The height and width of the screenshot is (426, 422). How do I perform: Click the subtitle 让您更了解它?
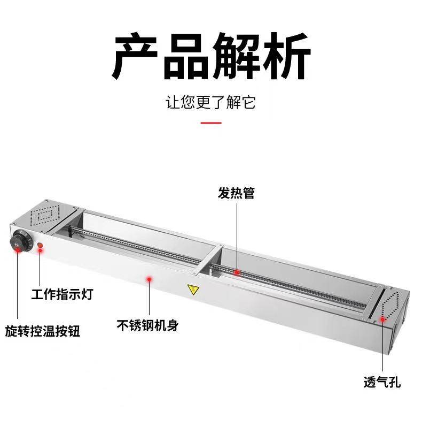tap(210, 102)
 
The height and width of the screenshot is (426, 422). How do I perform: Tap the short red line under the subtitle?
tap(210, 123)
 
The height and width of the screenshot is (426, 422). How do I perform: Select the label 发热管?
tap(236, 193)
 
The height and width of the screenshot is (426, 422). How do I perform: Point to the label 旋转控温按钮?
tap(43, 330)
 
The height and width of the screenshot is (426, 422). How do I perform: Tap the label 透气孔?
tap(382, 382)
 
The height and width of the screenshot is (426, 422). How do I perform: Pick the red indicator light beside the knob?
tap(41, 246)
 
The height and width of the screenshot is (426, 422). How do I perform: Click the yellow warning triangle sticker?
tap(192, 290)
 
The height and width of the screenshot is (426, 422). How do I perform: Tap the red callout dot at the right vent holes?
tap(382, 320)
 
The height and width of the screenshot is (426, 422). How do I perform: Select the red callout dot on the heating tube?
tap(236, 272)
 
